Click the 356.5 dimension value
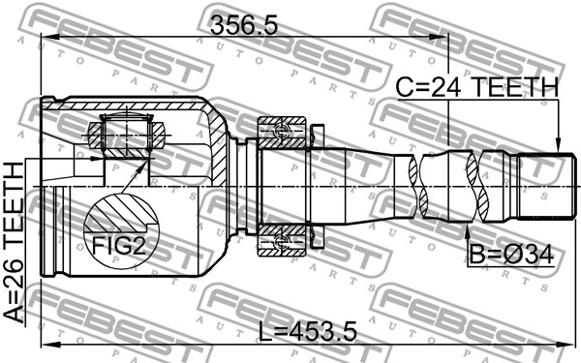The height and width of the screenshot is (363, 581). click(244, 26)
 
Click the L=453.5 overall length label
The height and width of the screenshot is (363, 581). click(307, 331)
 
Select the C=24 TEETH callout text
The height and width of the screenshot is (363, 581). click(476, 87)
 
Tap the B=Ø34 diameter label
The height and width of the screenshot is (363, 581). click(511, 255)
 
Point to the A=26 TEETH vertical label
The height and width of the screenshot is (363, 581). click(14, 242)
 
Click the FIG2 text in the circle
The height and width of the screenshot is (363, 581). click(119, 246)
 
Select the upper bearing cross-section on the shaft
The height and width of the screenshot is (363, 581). click(283, 132)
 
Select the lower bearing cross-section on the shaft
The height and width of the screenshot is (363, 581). click(283, 240)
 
